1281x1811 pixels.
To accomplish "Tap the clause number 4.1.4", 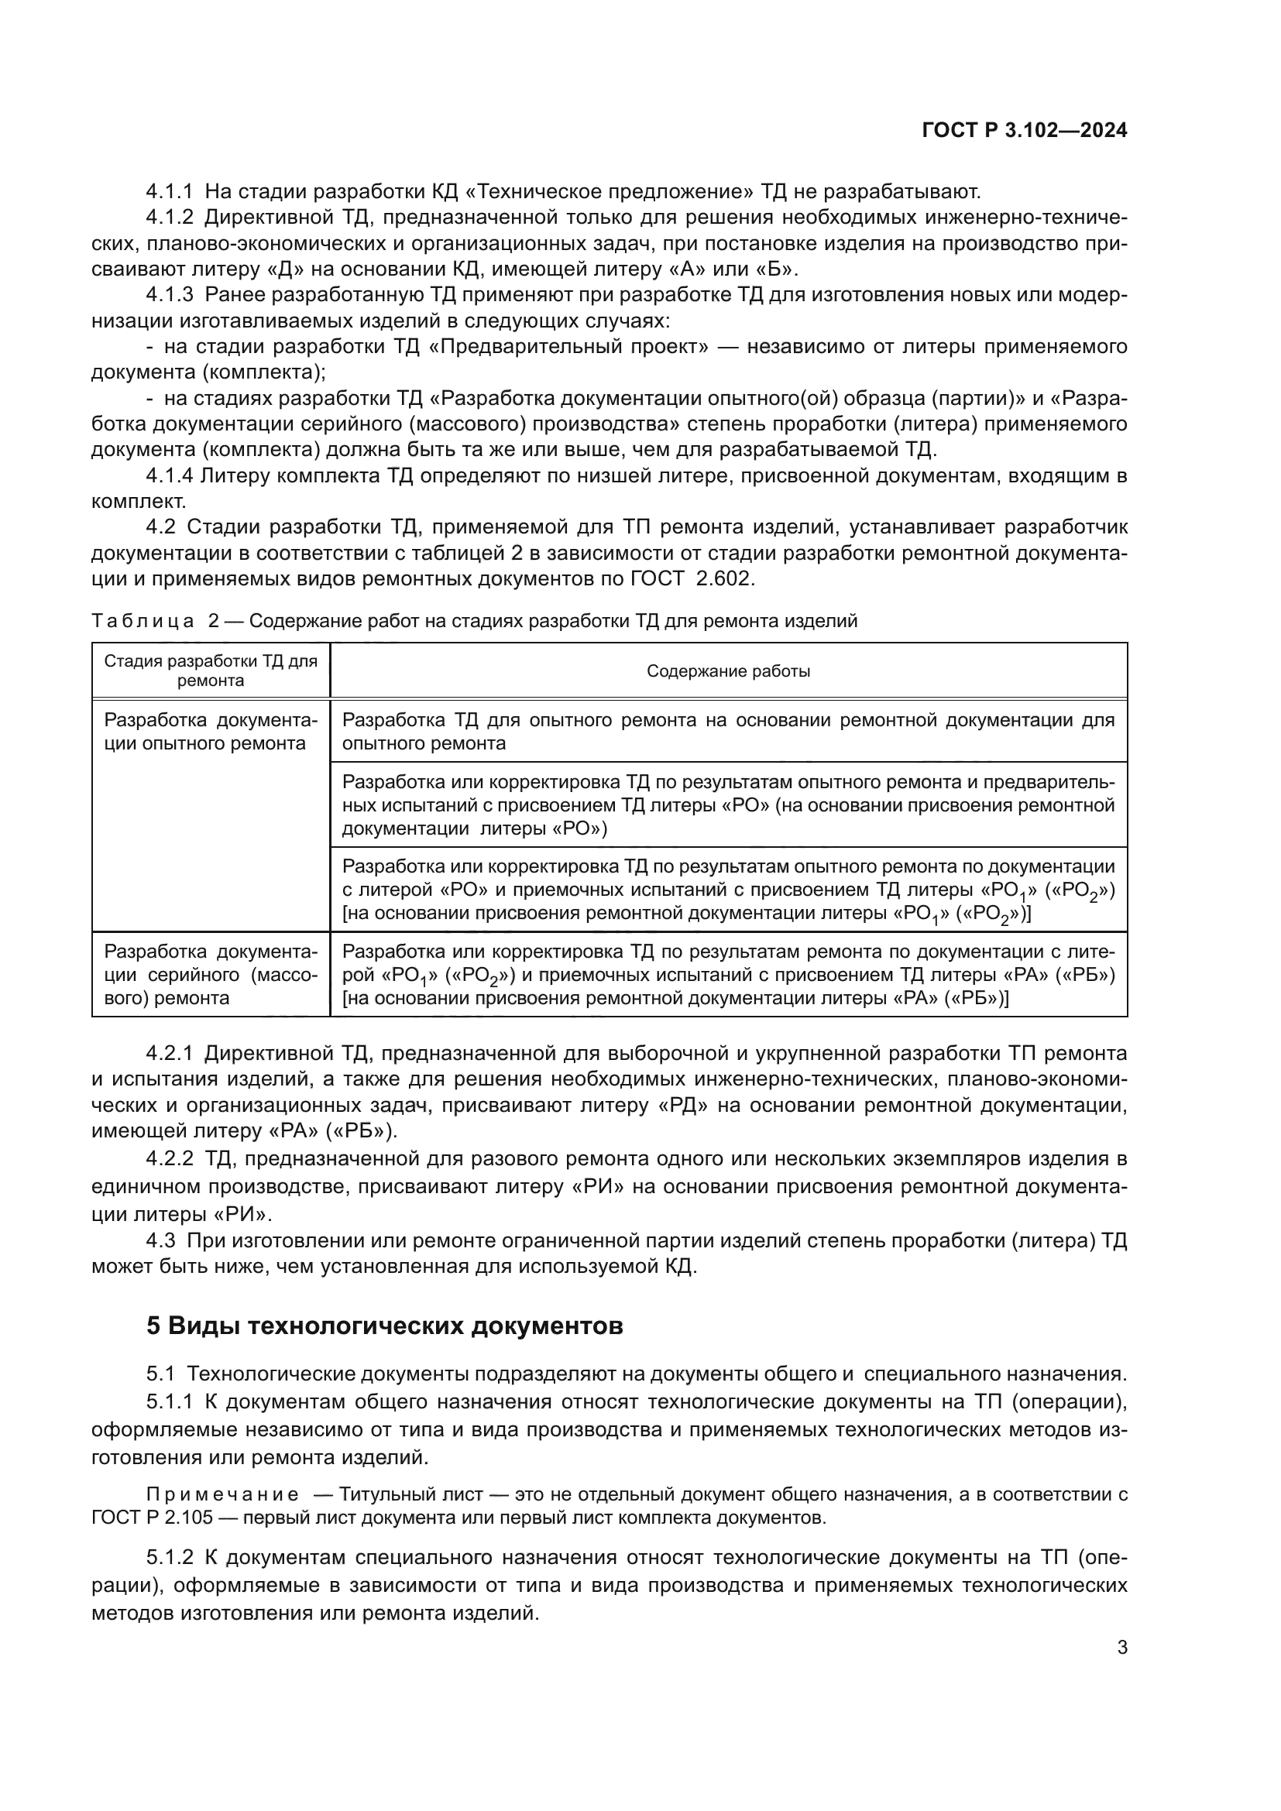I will [169, 475].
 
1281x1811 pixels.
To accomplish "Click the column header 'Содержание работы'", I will [728, 671].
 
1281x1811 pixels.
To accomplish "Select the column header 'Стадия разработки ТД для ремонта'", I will [211, 671].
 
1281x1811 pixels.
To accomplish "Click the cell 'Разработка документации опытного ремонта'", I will [211, 731].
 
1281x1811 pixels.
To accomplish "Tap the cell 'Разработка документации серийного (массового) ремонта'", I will [211, 974].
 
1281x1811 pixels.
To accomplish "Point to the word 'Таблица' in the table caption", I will [143, 621].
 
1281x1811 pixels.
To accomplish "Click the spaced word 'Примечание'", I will [222, 1494].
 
